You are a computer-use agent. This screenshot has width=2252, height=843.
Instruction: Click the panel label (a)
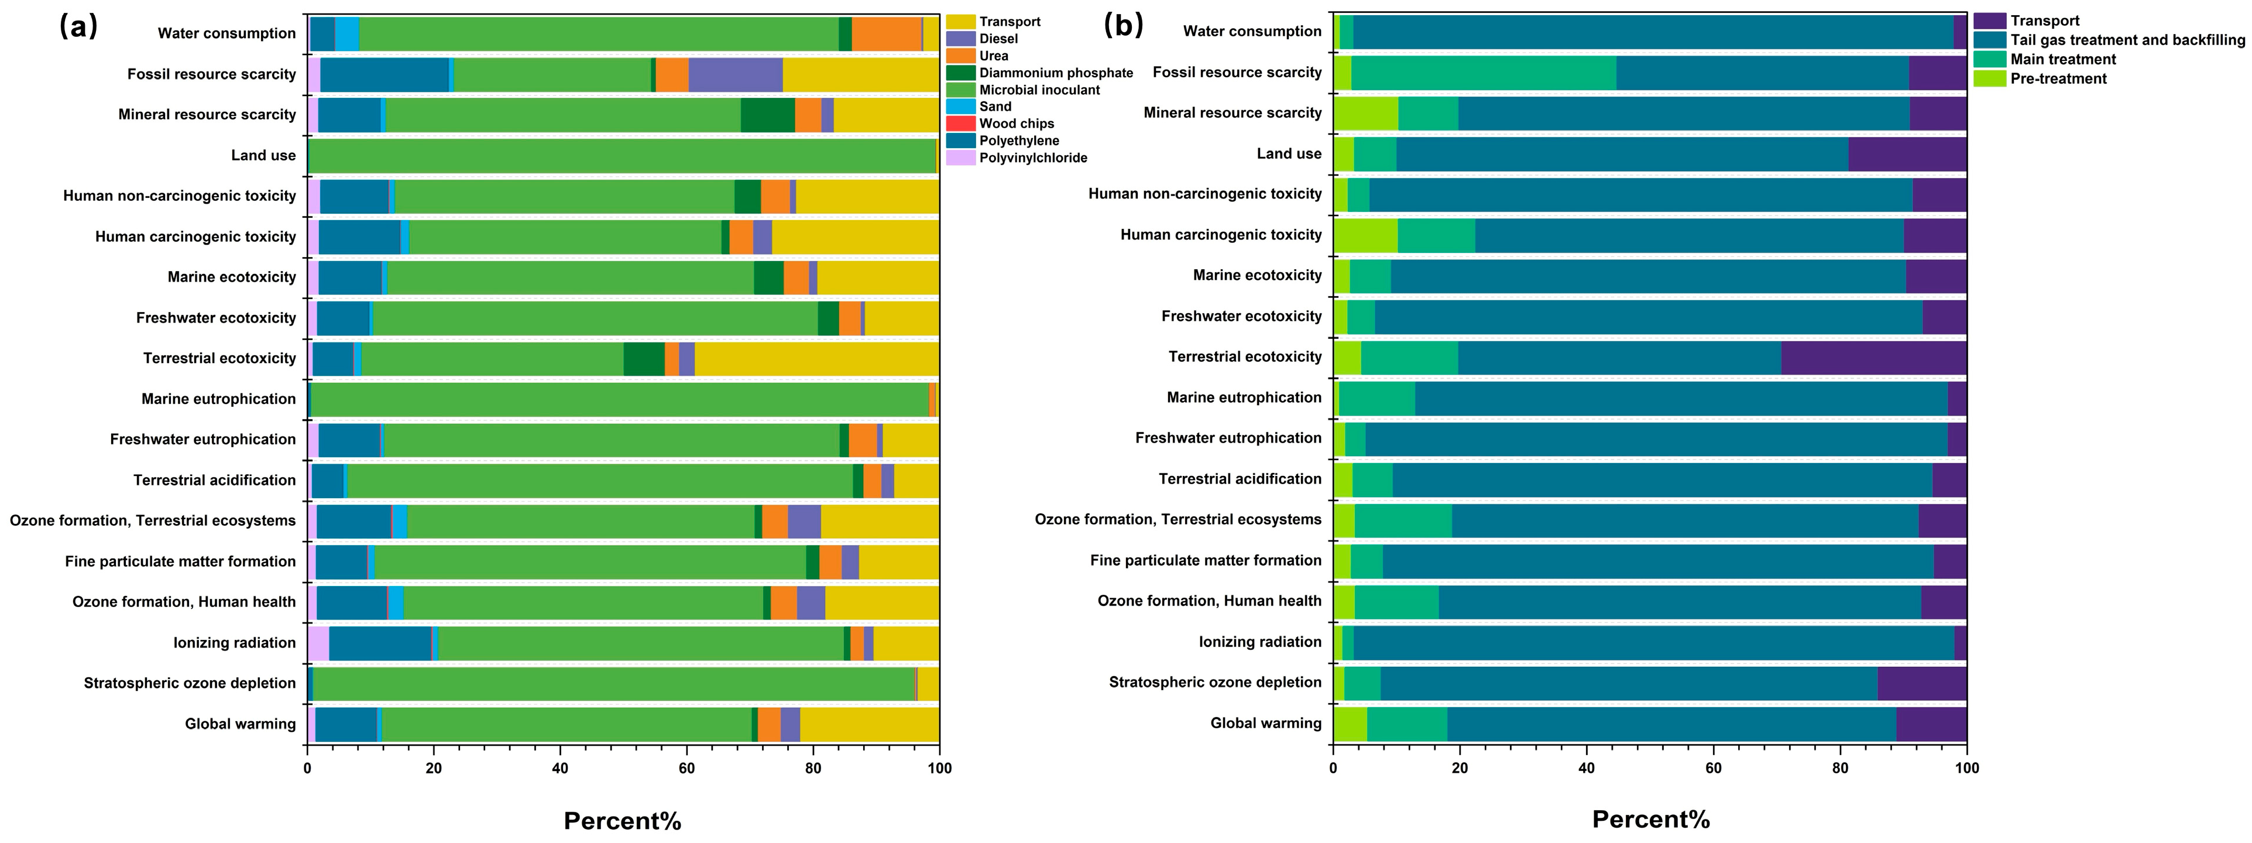click(78, 27)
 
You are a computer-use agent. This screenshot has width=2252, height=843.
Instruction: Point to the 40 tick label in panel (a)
click(561, 769)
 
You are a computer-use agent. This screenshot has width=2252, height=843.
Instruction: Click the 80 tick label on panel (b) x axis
click(1840, 769)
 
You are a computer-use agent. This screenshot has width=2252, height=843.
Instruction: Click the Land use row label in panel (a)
click(263, 155)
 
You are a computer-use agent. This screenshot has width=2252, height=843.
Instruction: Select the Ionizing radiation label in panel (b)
click(1260, 641)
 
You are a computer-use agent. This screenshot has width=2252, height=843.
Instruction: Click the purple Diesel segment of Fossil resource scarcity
click(735, 74)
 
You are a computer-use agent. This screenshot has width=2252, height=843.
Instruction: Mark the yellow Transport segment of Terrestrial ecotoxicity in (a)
click(816, 358)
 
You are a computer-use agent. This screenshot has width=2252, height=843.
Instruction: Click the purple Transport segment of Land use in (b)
click(1907, 154)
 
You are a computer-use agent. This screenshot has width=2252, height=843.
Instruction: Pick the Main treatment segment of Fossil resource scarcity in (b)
click(1484, 73)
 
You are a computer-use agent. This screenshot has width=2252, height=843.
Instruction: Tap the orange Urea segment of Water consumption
click(887, 34)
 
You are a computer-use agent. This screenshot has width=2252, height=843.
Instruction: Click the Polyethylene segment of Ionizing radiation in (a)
click(380, 643)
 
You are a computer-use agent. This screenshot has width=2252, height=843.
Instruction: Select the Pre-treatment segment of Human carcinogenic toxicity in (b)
click(1365, 235)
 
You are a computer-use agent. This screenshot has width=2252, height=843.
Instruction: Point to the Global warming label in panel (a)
click(241, 723)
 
